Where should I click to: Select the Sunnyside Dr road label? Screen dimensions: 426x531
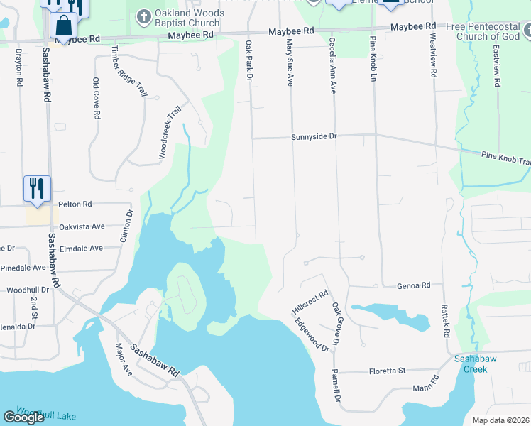click(x=313, y=137)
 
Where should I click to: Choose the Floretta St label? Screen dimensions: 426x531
click(x=386, y=371)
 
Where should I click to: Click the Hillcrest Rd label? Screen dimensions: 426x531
click(x=310, y=302)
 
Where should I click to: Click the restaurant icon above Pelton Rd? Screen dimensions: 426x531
click(x=37, y=189)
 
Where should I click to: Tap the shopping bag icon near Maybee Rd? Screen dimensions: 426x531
click(x=64, y=26)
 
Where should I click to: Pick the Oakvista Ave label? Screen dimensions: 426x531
click(x=82, y=226)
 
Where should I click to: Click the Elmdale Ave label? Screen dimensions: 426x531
click(x=82, y=248)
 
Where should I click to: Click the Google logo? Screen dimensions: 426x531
click(x=24, y=417)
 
